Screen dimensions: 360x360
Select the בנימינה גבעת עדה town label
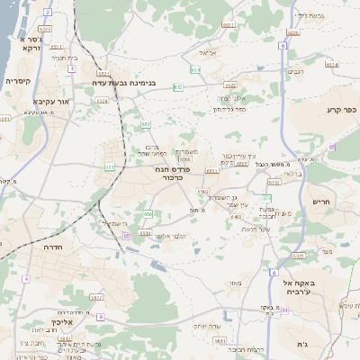pos(129,82)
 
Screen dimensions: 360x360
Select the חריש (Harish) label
pos(319,202)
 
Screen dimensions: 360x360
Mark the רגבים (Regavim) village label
pos(295,70)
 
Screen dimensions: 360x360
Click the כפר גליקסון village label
pos(229,109)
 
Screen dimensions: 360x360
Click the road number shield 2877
pos(97,297)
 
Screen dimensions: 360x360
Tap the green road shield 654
pos(194,69)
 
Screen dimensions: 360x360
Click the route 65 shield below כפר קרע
pos(331,147)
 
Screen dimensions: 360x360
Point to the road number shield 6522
pos(229,85)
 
